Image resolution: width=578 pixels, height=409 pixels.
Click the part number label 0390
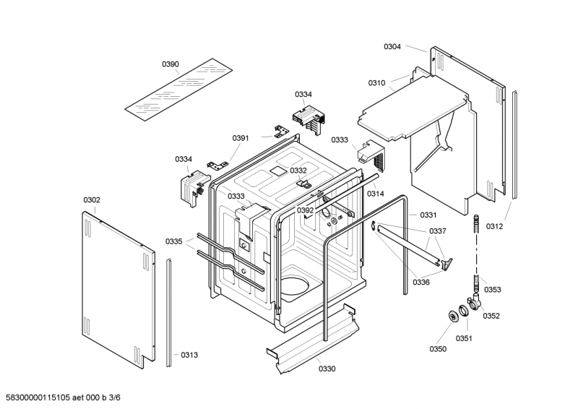170,64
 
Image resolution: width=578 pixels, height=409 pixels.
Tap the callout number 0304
392,46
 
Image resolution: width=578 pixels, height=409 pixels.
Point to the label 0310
376,83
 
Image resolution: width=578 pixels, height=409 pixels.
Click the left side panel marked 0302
116,285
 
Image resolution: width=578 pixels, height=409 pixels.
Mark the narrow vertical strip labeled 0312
514,145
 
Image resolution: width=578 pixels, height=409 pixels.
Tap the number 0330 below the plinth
327,369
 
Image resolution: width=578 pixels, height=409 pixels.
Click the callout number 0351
463,338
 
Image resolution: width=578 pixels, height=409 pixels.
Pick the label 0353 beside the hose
493,290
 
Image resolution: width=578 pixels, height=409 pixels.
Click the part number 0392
305,210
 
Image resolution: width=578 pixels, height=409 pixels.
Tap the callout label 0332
298,171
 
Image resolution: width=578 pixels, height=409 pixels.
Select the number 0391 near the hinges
241,138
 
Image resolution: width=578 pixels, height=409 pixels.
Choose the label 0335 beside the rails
173,241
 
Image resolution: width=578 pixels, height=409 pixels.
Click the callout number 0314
375,194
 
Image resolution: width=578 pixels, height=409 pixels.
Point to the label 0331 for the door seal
428,215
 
